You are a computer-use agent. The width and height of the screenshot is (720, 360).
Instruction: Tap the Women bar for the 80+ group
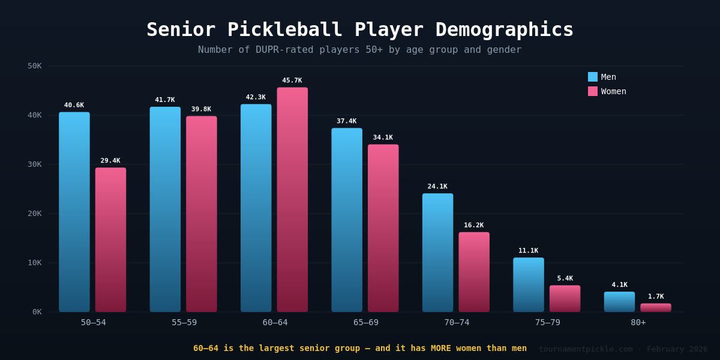655,308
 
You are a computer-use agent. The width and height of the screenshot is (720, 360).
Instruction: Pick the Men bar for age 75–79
529,285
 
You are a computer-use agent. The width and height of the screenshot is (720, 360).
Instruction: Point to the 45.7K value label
292,80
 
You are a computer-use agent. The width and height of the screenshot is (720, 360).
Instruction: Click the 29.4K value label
110,161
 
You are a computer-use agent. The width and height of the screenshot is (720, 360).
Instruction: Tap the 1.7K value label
656,296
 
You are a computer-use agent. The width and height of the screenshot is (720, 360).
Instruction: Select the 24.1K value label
437,187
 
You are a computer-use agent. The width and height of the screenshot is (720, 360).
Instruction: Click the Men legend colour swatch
593,77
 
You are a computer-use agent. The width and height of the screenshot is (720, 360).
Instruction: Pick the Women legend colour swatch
593,91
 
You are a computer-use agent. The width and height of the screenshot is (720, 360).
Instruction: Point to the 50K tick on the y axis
35,66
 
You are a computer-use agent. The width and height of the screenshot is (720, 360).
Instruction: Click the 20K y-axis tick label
35,214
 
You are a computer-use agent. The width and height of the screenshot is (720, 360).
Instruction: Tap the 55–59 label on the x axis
184,322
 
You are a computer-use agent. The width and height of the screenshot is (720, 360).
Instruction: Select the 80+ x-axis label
638,322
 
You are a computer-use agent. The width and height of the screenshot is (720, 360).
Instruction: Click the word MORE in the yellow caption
441,348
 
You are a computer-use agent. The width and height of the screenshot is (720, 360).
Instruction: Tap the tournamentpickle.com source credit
585,349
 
